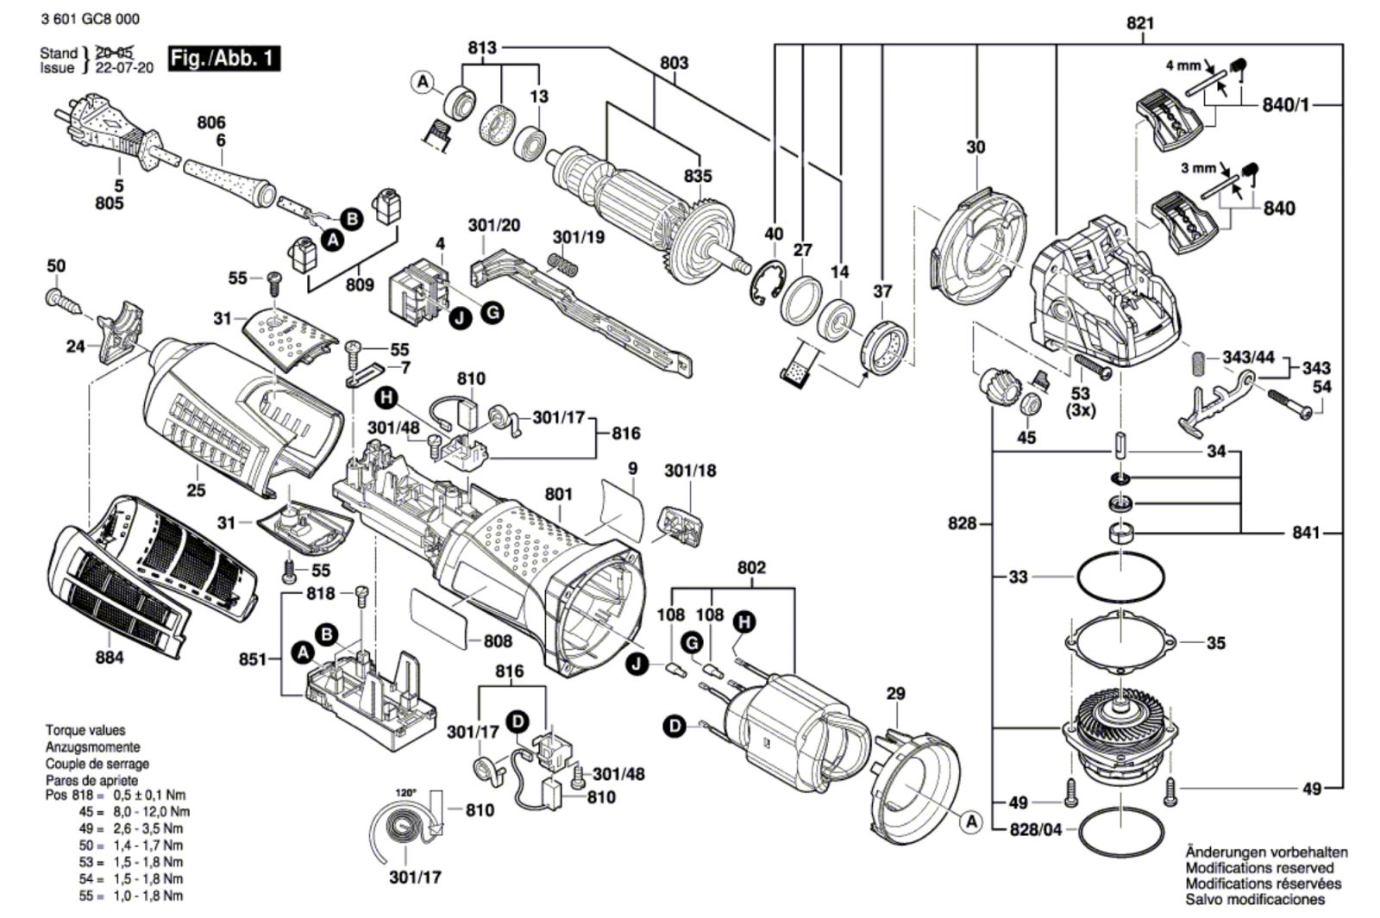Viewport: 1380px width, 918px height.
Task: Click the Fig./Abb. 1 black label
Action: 223,59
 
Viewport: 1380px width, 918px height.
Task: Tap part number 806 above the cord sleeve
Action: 210,123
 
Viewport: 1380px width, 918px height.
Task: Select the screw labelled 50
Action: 66,302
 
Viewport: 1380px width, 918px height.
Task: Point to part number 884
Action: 110,658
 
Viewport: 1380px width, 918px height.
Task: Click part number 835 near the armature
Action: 698,177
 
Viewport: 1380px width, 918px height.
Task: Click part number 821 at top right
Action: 1140,24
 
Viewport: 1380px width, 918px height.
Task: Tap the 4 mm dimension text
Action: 1182,66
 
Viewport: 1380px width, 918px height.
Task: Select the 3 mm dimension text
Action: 1198,168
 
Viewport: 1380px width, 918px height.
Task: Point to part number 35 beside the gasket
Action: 1215,643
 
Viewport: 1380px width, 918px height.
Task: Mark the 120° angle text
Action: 405,792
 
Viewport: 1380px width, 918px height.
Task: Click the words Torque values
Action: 85,731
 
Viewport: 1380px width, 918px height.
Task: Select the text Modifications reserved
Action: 1258,868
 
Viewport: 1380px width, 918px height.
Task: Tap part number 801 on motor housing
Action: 559,495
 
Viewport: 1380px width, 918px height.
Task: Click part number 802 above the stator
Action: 751,569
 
